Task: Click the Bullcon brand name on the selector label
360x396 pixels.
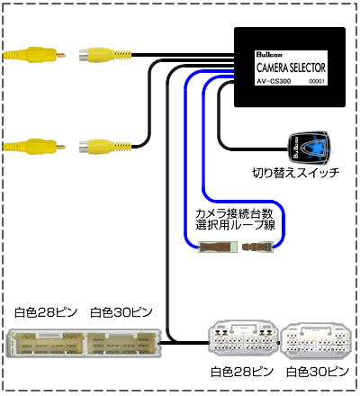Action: tap(269, 54)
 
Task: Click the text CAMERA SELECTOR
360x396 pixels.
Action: tap(291, 67)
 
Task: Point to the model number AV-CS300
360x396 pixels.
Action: tap(274, 81)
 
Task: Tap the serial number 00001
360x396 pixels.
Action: tap(317, 82)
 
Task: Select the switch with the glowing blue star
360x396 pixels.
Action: tap(310, 148)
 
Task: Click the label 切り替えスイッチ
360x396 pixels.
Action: tap(296, 173)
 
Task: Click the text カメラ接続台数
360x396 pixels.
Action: tap(234, 213)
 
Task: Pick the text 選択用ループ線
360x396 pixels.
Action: tap(235, 225)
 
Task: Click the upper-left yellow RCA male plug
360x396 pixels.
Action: tap(34, 55)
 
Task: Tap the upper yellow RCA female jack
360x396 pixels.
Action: tap(105, 55)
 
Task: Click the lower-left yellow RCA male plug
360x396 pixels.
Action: tap(34, 147)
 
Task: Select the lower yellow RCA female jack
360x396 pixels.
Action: tap(105, 147)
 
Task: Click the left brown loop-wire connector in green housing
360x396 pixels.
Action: tap(218, 247)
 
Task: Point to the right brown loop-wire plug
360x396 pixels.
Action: tap(257, 247)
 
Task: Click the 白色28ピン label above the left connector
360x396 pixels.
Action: tap(46, 312)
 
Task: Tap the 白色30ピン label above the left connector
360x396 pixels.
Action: tap(121, 312)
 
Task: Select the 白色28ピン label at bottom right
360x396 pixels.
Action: tap(242, 372)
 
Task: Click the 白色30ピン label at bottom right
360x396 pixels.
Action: tap(318, 372)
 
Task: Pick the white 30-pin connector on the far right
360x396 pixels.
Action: tap(318, 341)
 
